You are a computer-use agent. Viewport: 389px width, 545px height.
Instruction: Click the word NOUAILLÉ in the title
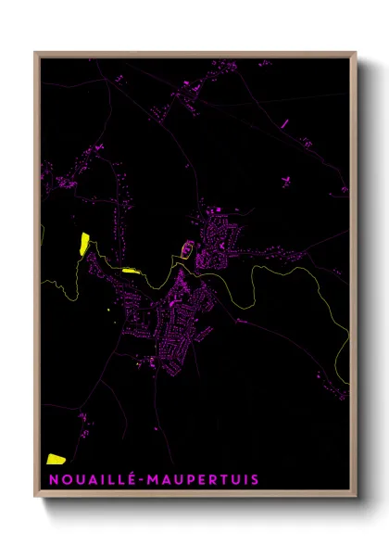(90, 479)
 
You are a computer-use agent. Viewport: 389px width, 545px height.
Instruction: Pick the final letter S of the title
(255, 479)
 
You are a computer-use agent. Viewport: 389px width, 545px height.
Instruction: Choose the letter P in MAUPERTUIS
(185, 479)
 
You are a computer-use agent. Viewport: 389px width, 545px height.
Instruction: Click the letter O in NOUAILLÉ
(63, 479)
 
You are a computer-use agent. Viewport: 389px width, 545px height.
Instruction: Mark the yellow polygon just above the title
(56, 458)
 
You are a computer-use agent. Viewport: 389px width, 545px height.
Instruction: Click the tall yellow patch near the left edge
(83, 244)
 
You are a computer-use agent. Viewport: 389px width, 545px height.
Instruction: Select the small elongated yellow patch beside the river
(130, 271)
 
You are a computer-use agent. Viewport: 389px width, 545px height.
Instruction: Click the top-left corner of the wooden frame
(36, 54)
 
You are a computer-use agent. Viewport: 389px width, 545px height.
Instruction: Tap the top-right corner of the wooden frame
(356, 54)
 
